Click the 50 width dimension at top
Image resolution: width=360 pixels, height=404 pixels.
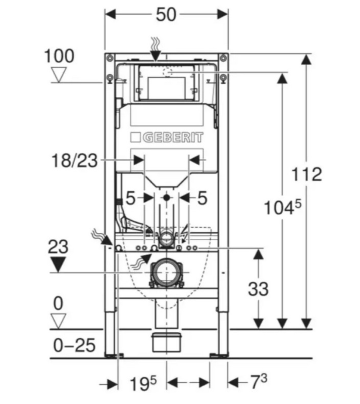point(166,15)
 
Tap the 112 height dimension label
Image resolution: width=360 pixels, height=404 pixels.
point(306,174)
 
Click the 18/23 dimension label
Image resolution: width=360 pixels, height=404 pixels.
point(75,161)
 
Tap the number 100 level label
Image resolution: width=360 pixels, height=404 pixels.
point(59,56)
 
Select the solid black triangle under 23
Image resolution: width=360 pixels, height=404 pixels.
point(59,264)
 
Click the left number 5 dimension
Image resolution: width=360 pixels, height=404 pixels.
point(130,198)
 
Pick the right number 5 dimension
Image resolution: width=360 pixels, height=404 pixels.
point(202,198)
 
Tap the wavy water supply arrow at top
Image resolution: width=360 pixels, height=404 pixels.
point(155,45)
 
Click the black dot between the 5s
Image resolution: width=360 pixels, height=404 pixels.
point(166,198)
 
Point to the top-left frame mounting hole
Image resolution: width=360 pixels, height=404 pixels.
point(110,78)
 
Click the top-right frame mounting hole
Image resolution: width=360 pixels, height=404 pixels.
point(223,78)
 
